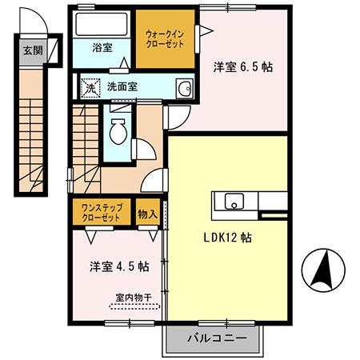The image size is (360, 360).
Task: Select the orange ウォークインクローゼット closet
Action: (x=165, y=38)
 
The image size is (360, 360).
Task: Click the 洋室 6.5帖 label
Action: (x=242, y=67)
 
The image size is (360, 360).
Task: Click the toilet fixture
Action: (x=118, y=130)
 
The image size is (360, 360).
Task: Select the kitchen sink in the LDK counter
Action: (x=234, y=200)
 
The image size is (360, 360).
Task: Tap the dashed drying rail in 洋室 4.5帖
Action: (x=134, y=306)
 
